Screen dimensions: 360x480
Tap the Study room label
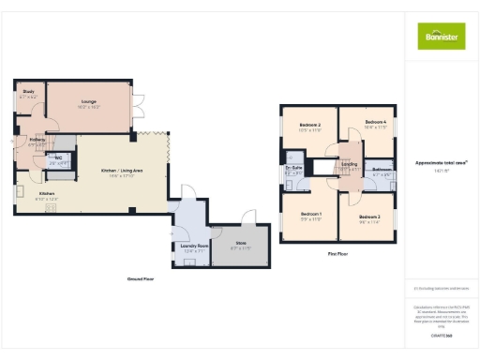(x=29, y=92)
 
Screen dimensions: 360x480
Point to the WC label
(x=57, y=157)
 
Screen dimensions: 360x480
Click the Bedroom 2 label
(x=310, y=125)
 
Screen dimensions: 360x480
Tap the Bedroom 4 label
(x=376, y=122)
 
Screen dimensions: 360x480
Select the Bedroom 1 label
(x=311, y=214)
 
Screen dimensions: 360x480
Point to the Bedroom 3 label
(x=369, y=216)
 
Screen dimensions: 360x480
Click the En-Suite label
(x=292, y=169)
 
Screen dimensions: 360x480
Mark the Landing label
(x=349, y=164)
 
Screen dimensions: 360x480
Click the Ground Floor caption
(x=142, y=278)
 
